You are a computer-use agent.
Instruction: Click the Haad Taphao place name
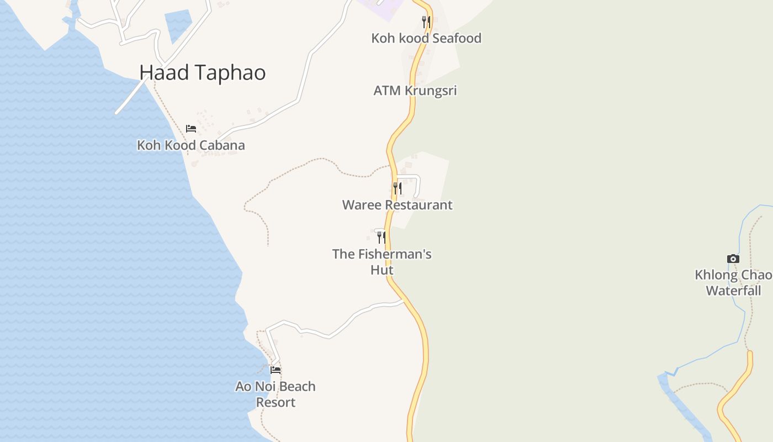coord(202,72)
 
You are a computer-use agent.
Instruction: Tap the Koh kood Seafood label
coord(426,38)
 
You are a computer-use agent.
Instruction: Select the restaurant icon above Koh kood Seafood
coord(426,22)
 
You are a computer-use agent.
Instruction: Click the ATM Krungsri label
coord(415,90)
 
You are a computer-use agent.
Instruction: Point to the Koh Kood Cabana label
coord(190,145)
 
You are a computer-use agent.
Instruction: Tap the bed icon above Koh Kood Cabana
coord(191,129)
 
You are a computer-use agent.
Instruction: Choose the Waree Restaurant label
coord(397,205)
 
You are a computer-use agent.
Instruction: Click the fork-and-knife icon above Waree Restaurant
coord(397,188)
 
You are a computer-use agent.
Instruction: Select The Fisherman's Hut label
coord(382,262)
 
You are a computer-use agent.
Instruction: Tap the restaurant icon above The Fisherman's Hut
coord(381,238)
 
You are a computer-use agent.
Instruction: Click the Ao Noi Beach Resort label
coord(276,394)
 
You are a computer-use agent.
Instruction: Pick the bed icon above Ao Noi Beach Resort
coord(276,370)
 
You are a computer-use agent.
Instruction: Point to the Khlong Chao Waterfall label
coord(733,282)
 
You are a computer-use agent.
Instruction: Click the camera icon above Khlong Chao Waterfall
coord(733,259)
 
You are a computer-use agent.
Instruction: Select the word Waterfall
coord(733,291)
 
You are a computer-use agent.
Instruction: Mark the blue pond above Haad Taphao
coord(178,25)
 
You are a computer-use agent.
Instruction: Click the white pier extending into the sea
coord(131,97)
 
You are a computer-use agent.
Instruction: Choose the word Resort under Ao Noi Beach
coord(276,402)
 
